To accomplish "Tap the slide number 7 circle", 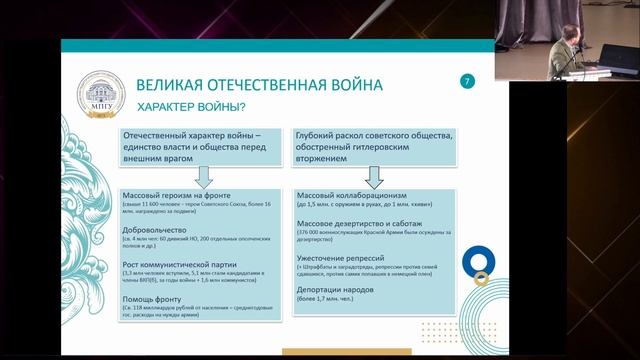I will click(466, 80).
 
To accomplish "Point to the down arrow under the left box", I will click(201, 175).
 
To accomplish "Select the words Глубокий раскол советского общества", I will click(385, 135).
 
